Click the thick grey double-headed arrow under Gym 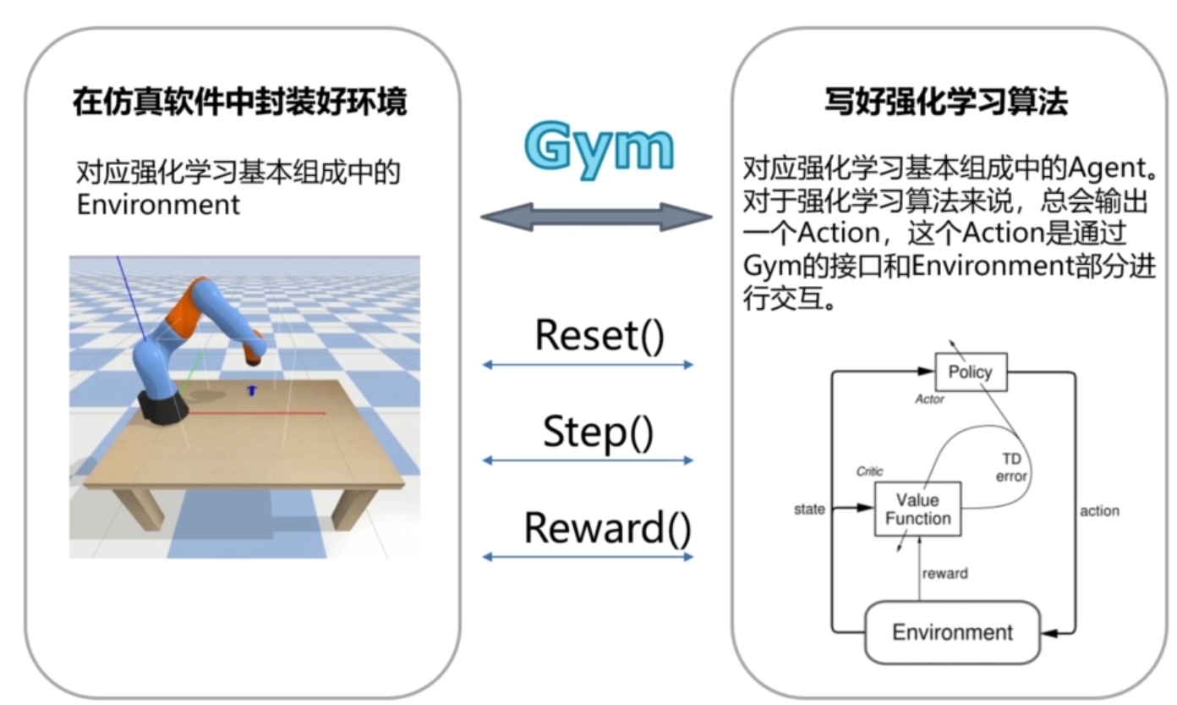pyautogui.click(x=596, y=218)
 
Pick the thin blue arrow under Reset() pyautogui.click(x=588, y=365)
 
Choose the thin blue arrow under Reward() pyautogui.click(x=588, y=556)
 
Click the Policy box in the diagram pyautogui.click(x=970, y=372)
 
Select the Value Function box pyautogui.click(x=917, y=509)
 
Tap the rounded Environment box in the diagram pyautogui.click(x=952, y=632)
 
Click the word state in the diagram pyautogui.click(x=809, y=509)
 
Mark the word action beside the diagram pyautogui.click(x=1099, y=510)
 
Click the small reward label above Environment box pyautogui.click(x=944, y=574)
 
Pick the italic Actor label pyautogui.click(x=929, y=399)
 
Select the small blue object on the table pyautogui.click(x=250, y=390)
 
